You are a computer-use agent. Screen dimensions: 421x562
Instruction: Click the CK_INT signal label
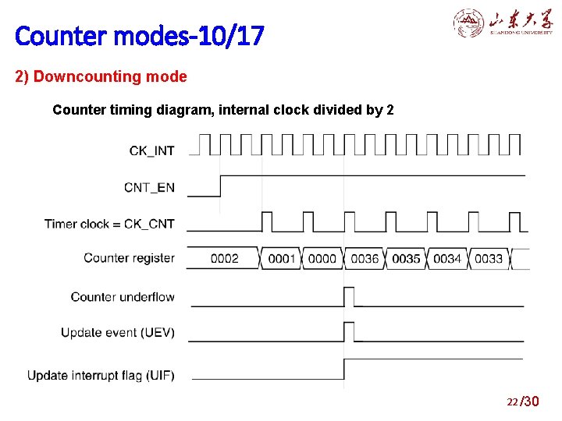(151, 150)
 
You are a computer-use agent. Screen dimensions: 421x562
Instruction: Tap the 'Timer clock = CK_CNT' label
(109, 224)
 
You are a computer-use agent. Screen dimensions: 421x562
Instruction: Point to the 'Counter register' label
(129, 258)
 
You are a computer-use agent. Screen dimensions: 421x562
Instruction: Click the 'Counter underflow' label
(123, 297)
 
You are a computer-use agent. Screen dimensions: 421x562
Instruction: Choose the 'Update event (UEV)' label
(118, 333)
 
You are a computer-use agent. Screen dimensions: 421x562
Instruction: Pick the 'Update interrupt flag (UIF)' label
(101, 376)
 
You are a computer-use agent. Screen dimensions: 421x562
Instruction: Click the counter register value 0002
(224, 258)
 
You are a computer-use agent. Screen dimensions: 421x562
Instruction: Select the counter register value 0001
(282, 258)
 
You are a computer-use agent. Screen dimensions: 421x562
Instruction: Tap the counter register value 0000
(322, 258)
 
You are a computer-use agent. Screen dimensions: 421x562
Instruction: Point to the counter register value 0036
(365, 258)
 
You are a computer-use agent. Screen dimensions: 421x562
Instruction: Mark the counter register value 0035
(406, 258)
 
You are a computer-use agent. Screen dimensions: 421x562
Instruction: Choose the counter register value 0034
(447, 258)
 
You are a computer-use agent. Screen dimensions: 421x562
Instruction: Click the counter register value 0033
(489, 258)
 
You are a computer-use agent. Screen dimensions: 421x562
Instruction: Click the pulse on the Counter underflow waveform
(349, 296)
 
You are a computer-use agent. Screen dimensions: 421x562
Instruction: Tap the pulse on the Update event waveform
(349, 331)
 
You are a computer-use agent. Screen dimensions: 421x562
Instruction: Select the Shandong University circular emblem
(468, 23)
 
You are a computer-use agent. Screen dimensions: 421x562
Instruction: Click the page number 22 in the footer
(512, 402)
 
